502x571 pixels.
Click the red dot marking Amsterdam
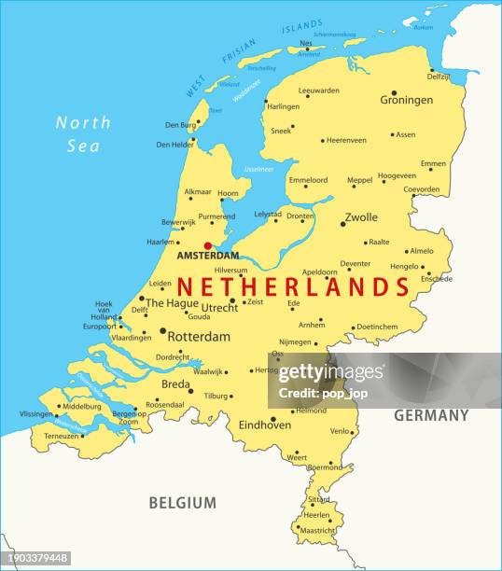tap(208, 246)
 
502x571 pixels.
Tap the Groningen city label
tap(406, 100)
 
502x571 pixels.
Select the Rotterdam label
tap(199, 337)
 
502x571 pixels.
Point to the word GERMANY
tap(431, 415)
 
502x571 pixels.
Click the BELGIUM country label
tap(183, 503)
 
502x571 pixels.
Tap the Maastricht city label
tap(317, 531)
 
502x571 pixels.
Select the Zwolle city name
tap(361, 217)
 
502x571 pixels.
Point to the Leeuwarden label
tap(318, 91)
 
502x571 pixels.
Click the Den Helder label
tap(175, 145)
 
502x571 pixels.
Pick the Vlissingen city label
tap(36, 413)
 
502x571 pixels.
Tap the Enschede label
tap(436, 279)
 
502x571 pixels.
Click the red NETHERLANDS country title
tap(294, 286)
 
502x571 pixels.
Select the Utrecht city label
tap(219, 307)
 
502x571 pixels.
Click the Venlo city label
tap(340, 431)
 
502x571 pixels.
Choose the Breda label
tap(174, 384)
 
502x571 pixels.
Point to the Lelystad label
tap(268, 214)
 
